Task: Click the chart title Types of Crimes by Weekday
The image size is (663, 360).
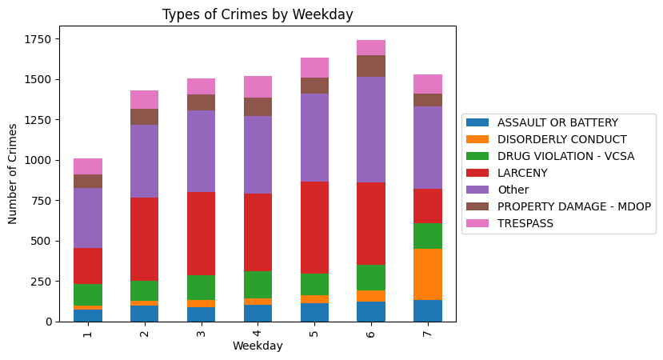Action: click(258, 14)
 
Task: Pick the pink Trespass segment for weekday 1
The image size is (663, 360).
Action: click(88, 166)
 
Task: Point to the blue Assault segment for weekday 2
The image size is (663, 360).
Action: click(145, 313)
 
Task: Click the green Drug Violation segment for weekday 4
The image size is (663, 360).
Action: click(258, 285)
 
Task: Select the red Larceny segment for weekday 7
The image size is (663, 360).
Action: click(428, 206)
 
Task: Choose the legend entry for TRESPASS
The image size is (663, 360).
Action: click(525, 223)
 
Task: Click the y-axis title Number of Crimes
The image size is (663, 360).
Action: click(13, 174)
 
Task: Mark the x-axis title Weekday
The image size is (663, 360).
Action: click(258, 346)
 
